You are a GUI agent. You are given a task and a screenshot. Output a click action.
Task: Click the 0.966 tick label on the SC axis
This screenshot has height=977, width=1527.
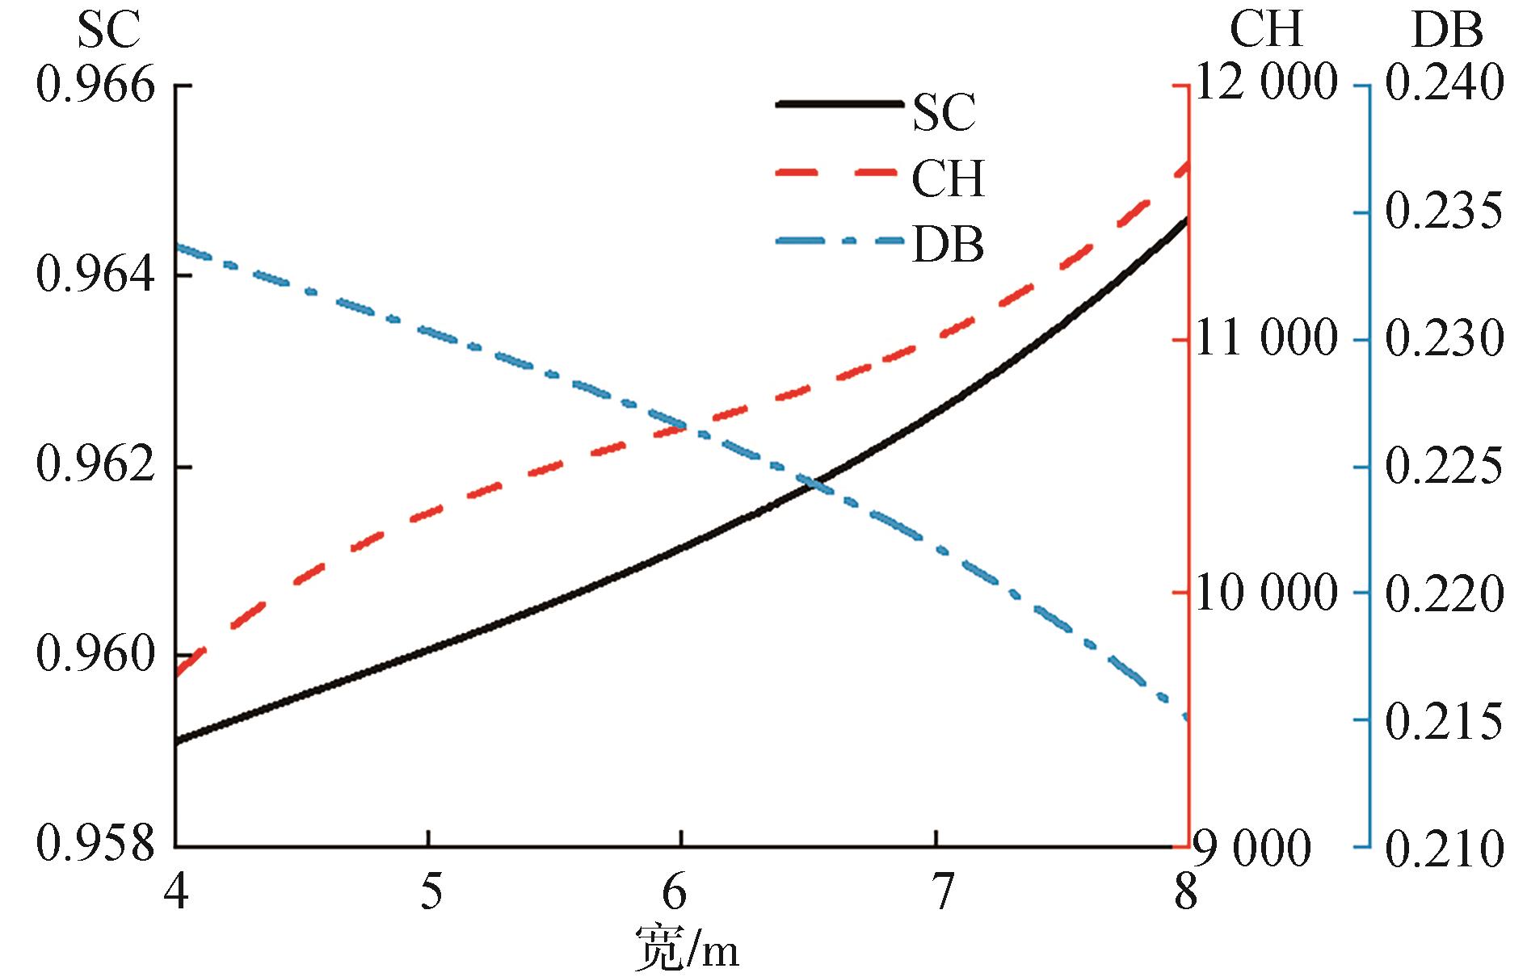(x=95, y=86)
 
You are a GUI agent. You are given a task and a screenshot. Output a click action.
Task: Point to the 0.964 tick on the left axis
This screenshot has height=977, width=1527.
(x=95, y=276)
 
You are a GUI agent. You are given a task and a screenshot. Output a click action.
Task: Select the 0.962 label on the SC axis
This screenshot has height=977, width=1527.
(x=95, y=468)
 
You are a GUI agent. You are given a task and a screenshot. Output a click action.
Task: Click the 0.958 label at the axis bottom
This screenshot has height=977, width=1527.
(x=95, y=847)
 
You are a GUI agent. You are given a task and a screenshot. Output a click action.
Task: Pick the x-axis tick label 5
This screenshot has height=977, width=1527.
(x=431, y=894)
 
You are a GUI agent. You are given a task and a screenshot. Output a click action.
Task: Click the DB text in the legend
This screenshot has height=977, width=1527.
(x=948, y=245)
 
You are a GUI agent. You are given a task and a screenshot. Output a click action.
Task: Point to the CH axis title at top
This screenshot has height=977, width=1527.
(x=1266, y=31)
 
